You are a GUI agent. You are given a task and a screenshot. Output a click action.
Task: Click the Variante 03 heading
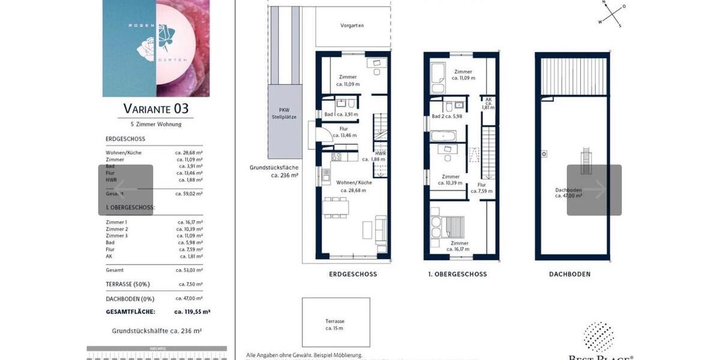coord(155,109)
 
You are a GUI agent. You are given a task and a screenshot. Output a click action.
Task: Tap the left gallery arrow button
coord(125,190)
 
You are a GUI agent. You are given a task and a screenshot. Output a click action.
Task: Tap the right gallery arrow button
coord(595,190)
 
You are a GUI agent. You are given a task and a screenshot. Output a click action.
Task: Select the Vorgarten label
coord(352,25)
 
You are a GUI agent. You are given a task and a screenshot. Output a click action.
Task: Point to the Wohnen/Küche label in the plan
coord(354,185)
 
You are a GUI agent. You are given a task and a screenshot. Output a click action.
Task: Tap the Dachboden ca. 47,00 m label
coord(568,192)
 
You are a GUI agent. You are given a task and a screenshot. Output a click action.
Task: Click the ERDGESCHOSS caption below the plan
coord(353,274)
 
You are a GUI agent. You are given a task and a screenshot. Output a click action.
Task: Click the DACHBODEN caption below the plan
coord(569,274)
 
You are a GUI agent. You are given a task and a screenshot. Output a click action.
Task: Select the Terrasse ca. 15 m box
coord(335,325)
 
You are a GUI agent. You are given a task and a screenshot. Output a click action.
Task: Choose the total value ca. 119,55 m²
coord(192,312)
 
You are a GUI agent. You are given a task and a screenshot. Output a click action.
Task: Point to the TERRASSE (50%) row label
coord(128,284)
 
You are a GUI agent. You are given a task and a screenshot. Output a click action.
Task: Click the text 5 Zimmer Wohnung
coord(155,124)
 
